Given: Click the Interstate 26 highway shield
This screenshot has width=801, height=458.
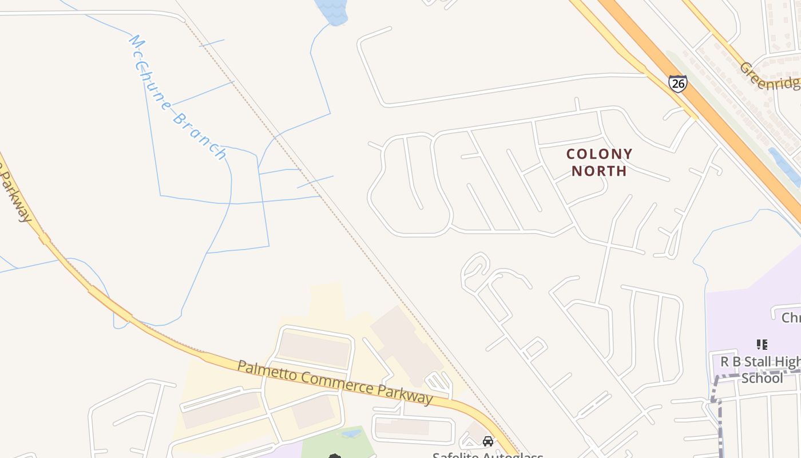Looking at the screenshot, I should [x=677, y=84].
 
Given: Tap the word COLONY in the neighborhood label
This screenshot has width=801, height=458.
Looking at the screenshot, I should [x=599, y=154].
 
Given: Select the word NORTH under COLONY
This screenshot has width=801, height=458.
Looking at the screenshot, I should [x=599, y=171].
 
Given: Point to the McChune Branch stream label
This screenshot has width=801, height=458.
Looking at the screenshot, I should [x=177, y=97].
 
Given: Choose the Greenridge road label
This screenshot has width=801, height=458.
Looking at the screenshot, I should [x=769, y=76].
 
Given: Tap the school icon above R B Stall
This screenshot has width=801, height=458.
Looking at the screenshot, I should [x=762, y=345].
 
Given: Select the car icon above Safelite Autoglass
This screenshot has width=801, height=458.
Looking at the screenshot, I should [x=487, y=441].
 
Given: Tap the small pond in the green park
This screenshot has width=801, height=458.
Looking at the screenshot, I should [x=351, y=433].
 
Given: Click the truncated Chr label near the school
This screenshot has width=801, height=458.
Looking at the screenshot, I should [x=791, y=318].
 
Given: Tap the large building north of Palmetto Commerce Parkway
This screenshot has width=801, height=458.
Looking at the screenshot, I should [x=406, y=343].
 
